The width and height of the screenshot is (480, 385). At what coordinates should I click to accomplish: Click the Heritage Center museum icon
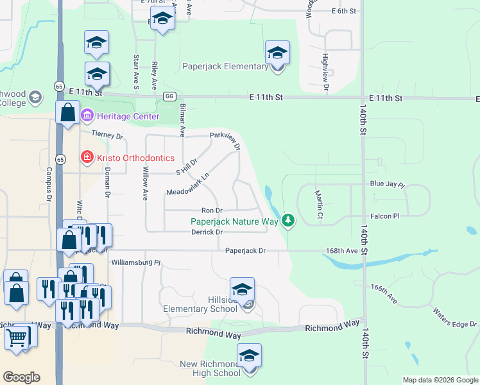point(87,117)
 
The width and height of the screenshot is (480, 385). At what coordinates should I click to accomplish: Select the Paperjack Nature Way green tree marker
point(289,221)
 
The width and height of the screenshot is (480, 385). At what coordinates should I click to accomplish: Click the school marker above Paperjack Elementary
point(277,53)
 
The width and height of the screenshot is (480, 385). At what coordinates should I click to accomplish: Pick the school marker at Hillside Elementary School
point(242,290)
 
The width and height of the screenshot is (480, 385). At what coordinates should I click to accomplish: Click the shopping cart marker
point(17,336)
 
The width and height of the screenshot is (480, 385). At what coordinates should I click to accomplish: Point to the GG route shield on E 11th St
point(169,97)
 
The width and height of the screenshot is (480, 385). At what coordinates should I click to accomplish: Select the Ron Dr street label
point(212,210)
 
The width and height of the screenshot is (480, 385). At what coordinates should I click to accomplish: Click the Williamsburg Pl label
point(135,262)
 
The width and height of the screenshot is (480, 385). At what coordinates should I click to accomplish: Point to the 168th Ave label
point(343,251)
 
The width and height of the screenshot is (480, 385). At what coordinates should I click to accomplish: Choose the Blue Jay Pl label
point(388,184)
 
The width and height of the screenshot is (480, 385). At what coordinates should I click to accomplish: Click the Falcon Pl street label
point(385,216)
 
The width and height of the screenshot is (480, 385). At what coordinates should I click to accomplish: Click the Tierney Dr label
point(107,136)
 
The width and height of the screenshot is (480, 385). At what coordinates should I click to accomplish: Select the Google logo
point(22,377)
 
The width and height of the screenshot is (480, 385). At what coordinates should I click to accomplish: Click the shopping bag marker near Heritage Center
point(67,113)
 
